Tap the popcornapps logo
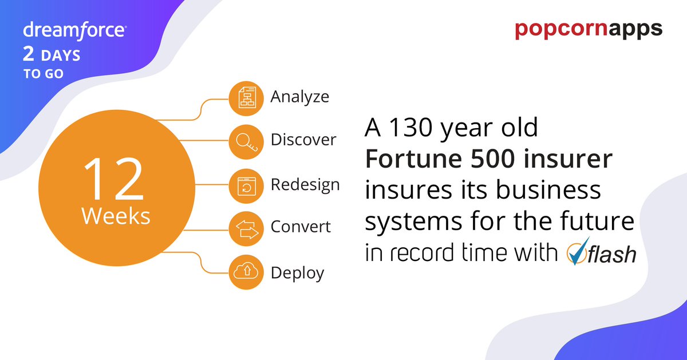(x=589, y=29)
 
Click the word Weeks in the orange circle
(x=116, y=216)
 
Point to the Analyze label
(x=299, y=96)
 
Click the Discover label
(x=303, y=140)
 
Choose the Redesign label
(x=305, y=184)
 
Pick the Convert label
(x=301, y=227)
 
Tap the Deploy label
(x=297, y=272)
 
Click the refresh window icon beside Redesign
(x=246, y=186)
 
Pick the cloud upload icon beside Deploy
(x=246, y=273)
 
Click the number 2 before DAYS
(x=28, y=56)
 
